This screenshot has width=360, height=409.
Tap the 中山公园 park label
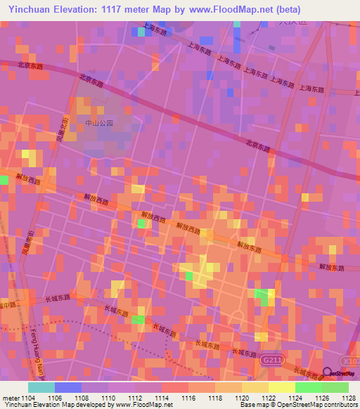(x=99, y=122)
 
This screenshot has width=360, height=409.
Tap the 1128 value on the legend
(x=349, y=397)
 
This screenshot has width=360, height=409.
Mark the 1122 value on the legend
(x=269, y=397)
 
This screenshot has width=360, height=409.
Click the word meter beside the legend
(x=10, y=397)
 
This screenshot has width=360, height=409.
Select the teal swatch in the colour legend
(x=41, y=387)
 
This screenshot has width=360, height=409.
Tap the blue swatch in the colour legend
(x=67, y=387)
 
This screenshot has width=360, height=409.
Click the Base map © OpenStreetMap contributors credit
(x=298, y=405)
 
